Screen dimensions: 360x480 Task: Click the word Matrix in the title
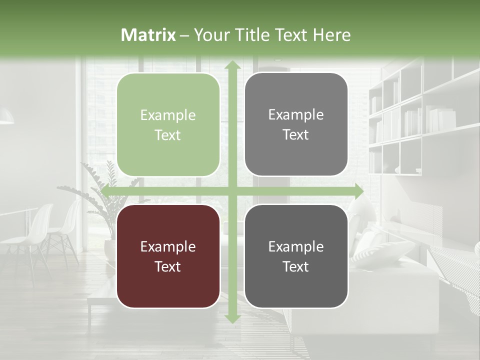pos(148,35)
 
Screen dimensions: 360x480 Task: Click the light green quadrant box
pos(168,125)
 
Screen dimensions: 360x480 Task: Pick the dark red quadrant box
pos(168,256)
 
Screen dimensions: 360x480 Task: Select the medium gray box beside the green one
pos(296,124)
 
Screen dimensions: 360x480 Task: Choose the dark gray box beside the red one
pos(296,256)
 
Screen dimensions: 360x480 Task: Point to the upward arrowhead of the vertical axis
pos(232,65)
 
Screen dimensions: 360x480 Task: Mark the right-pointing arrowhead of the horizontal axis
pos(358,191)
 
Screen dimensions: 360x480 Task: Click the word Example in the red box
pos(168,246)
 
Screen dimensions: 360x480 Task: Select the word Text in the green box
pos(168,135)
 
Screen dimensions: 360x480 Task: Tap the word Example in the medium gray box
pos(296,114)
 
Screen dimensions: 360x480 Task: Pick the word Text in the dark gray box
pos(296,266)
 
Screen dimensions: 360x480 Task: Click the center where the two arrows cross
pos(232,191)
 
